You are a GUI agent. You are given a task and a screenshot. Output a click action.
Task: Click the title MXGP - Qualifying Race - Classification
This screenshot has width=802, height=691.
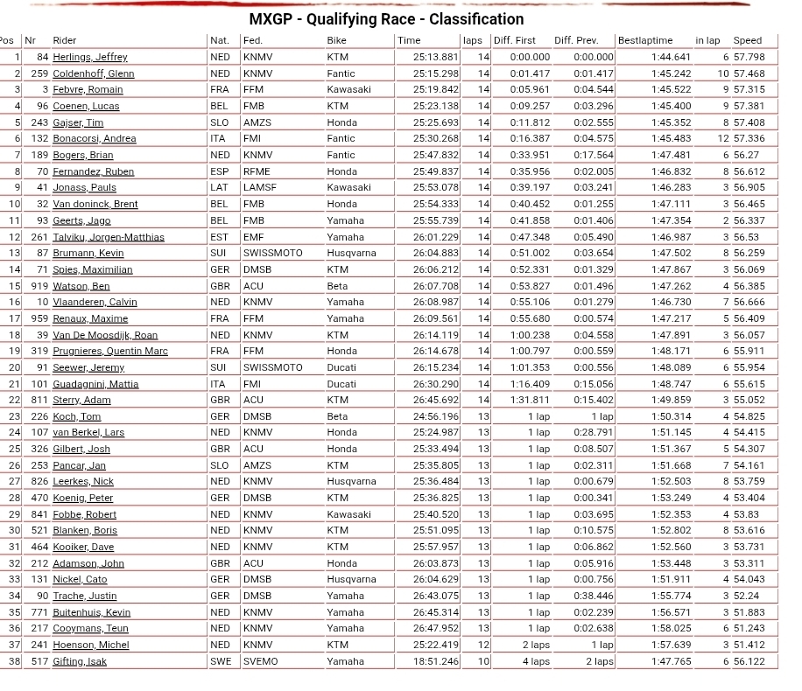[x=386, y=19]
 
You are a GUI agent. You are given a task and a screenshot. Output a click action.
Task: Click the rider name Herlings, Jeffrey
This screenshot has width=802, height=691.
[x=89, y=57]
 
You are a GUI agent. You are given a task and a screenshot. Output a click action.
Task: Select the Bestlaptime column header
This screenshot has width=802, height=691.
[x=644, y=40]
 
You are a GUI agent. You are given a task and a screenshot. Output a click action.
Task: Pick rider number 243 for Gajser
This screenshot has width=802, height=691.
[x=39, y=122]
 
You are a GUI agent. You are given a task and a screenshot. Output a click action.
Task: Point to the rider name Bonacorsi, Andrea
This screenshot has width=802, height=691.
[x=94, y=139]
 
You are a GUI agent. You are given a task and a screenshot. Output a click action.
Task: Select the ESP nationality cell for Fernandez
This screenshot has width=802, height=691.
[x=219, y=171]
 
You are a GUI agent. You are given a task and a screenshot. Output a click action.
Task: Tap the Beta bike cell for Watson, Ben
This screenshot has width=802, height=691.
[x=337, y=286]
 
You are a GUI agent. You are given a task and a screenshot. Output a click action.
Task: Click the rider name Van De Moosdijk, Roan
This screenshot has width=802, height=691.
[x=105, y=335]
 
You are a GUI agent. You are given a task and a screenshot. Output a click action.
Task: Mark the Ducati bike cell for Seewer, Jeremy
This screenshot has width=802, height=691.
[x=341, y=367]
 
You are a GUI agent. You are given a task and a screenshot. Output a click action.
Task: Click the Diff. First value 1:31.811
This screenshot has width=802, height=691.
[x=530, y=400]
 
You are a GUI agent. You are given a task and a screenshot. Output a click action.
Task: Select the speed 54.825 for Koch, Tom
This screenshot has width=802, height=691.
[x=749, y=416]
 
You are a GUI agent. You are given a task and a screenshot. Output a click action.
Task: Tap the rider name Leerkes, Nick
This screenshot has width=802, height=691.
[x=83, y=481]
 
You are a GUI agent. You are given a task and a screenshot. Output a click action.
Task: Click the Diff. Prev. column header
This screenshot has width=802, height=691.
[x=575, y=40]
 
